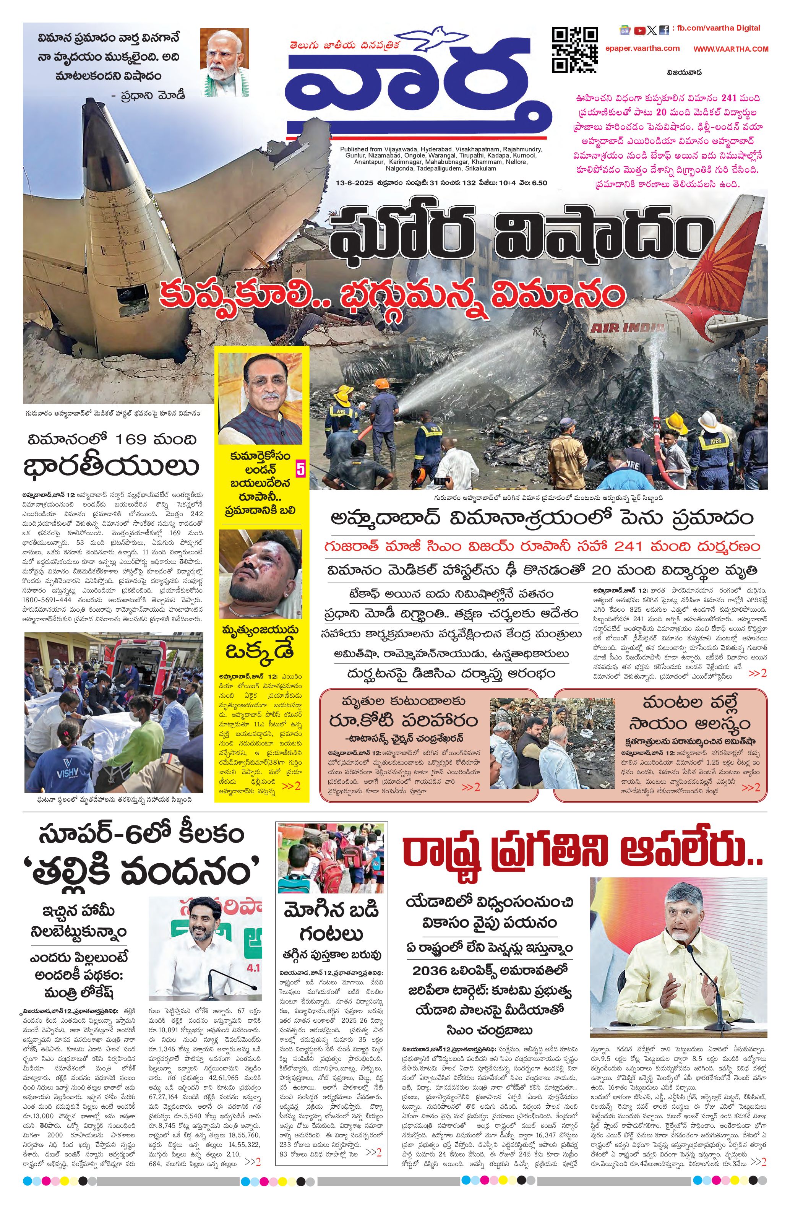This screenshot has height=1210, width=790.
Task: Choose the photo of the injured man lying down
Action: [x=260, y=573]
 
